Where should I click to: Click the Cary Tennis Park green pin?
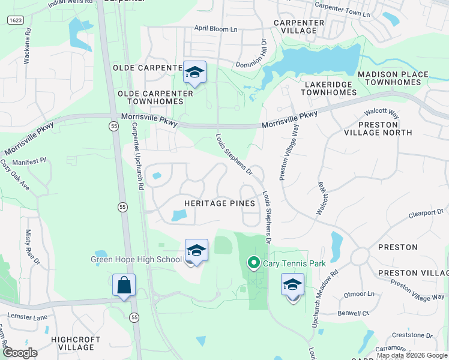[253, 263]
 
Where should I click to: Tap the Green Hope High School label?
[136, 260]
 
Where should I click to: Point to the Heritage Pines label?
[219, 203]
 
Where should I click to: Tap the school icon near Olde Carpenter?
[194, 73]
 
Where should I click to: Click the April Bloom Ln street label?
[215, 28]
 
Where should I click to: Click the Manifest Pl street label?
[29, 162]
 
